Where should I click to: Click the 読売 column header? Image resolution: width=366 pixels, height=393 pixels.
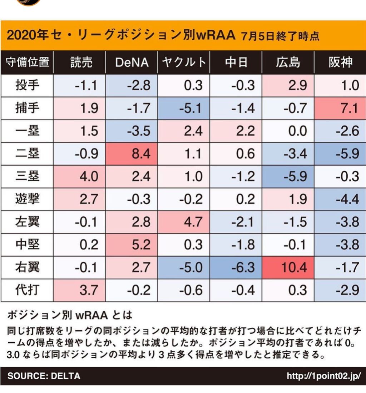[x=81, y=62]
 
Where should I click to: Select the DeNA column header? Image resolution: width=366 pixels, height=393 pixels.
[x=132, y=62]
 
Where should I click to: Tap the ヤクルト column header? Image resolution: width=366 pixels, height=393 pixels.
[x=184, y=62]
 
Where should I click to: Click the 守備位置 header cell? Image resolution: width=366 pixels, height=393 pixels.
[x=27, y=62]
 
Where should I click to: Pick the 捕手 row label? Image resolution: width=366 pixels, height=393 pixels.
[x=27, y=108]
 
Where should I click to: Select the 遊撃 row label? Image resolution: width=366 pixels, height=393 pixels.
[x=27, y=199]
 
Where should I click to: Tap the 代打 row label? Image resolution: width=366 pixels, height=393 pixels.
[x=27, y=289]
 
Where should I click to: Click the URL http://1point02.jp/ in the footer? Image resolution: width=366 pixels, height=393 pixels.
[x=323, y=376]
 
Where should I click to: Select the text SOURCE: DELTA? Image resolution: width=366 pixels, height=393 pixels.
[x=44, y=376]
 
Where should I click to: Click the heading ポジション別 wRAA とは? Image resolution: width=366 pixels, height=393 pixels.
[x=70, y=315]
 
